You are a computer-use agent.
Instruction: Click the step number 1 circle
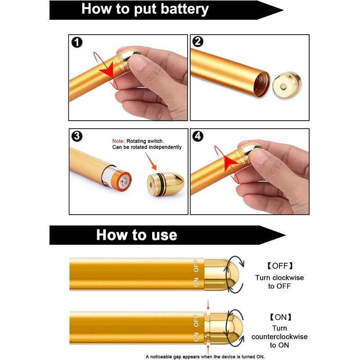pyautogui.click(x=77, y=42)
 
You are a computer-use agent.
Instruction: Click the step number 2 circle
pyautogui.click(x=198, y=42)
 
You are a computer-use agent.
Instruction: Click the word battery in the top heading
pyautogui.click(x=180, y=9)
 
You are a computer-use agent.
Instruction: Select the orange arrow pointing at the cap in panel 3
pyautogui.click(x=152, y=161)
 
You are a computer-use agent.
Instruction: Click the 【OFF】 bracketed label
pyautogui.click(x=279, y=265)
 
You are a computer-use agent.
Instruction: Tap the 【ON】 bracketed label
pyautogui.click(x=280, y=317)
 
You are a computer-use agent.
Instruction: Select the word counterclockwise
pyautogui.click(x=279, y=337)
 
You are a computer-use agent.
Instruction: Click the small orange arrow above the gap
pyautogui.click(x=208, y=306)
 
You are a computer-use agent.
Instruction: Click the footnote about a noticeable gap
pyautogui.click(x=205, y=356)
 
